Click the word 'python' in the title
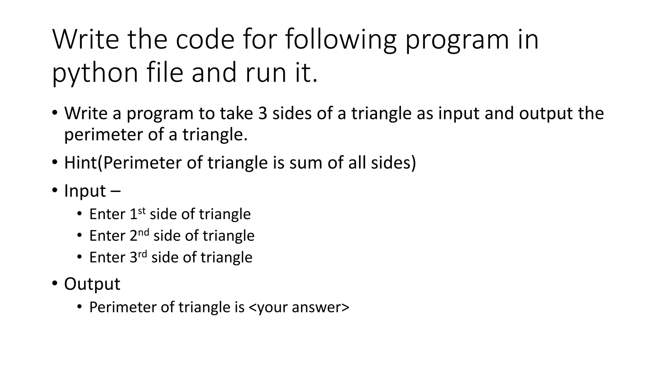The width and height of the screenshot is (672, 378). pos(95,73)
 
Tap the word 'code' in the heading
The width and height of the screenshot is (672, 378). pos(205,39)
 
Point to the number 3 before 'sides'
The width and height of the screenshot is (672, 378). pos(262,113)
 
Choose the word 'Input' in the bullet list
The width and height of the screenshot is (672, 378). pos(85,191)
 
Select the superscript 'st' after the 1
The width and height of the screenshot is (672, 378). pos(141,211)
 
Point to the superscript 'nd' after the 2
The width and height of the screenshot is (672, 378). pos(143,232)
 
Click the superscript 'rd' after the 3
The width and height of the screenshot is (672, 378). pos(142,254)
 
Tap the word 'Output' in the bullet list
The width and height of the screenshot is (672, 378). pos(92,284)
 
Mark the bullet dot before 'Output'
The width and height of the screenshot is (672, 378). pos(54,283)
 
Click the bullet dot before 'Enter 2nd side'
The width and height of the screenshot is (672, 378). pos(79,236)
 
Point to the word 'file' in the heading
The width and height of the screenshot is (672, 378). pos(165,73)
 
